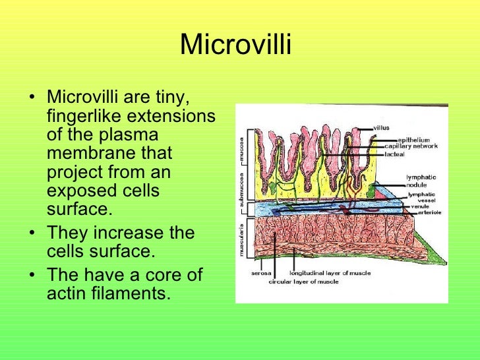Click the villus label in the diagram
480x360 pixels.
click(383, 127)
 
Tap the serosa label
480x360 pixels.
click(262, 273)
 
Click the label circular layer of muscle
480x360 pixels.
click(304, 282)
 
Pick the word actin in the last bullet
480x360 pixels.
click(66, 293)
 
